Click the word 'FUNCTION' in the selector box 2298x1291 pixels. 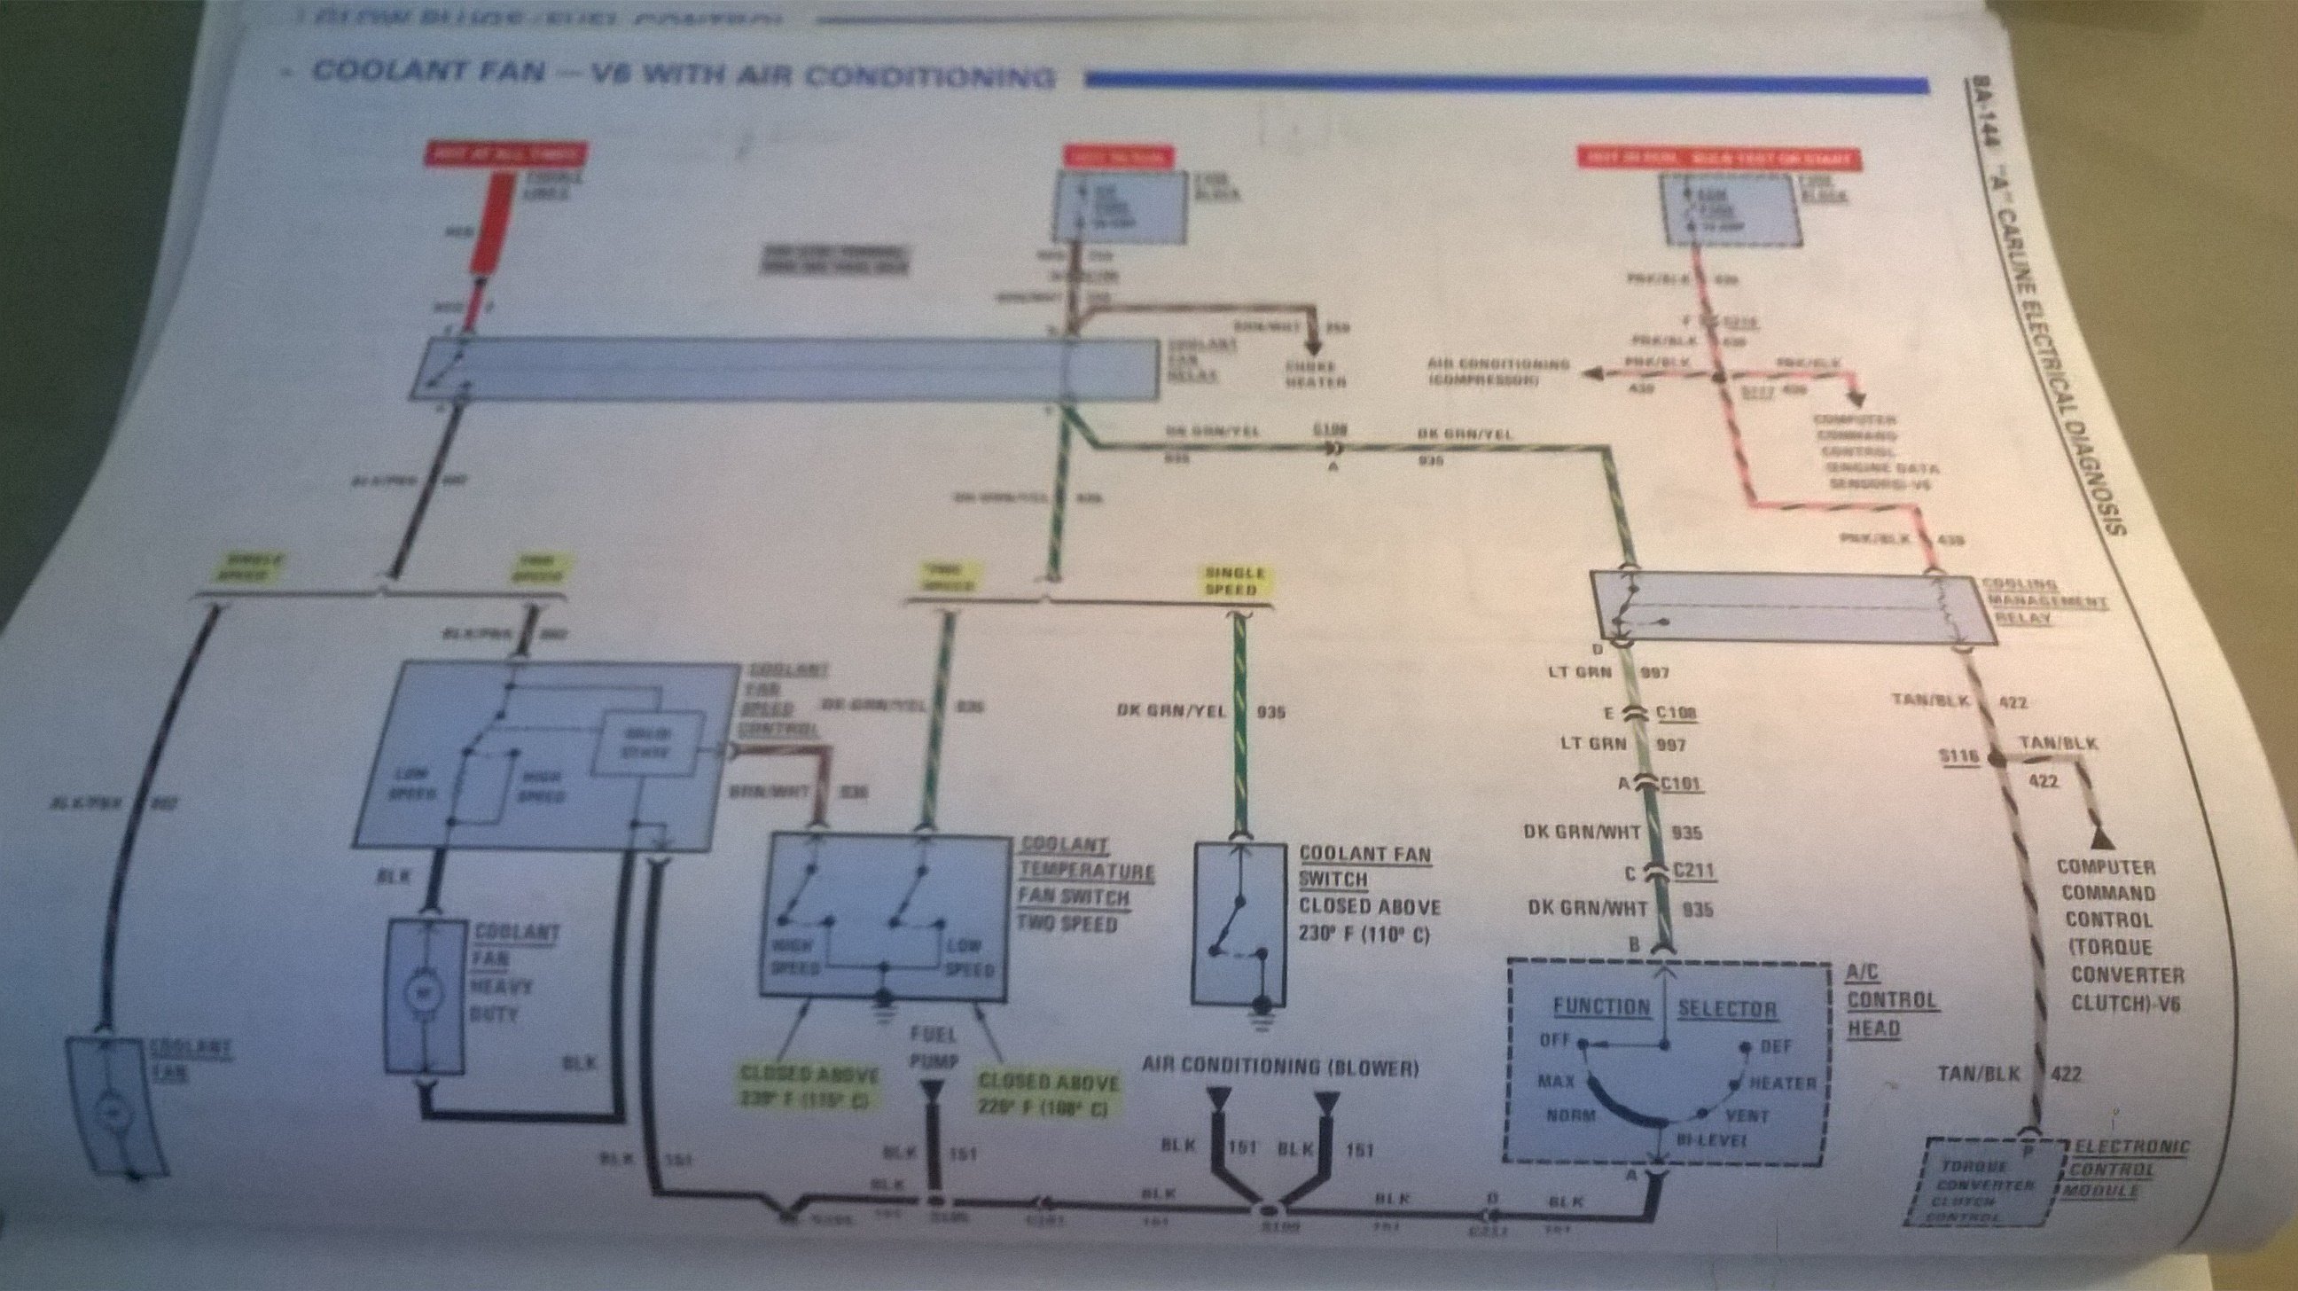point(1602,1007)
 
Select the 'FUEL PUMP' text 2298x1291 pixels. point(933,1048)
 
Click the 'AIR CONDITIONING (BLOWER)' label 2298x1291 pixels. point(1281,1067)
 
